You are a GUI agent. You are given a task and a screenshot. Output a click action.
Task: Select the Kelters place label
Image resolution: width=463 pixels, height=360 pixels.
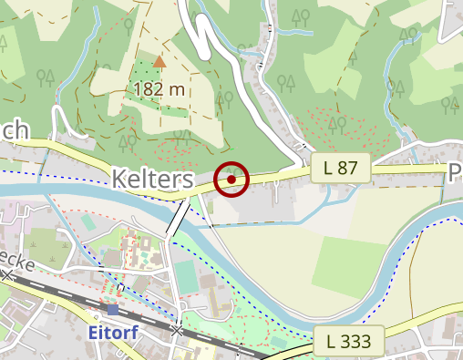[153, 179]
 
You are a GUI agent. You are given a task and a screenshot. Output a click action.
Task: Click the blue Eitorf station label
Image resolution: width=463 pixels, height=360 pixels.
[113, 332]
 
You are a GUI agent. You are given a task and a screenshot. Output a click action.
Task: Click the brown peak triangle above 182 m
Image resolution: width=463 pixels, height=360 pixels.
[159, 61]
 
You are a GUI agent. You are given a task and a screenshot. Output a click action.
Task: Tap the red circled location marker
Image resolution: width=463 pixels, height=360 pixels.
[232, 180]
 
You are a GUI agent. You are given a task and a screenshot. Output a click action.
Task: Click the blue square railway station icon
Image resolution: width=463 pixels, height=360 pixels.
[113, 310]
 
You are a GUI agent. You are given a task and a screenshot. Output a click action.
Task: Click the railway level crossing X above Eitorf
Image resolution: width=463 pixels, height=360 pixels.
[177, 328]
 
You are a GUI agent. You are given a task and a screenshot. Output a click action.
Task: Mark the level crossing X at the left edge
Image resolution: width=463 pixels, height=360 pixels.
[7, 274]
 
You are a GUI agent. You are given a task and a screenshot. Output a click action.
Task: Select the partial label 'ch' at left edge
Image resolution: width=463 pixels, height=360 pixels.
[15, 130]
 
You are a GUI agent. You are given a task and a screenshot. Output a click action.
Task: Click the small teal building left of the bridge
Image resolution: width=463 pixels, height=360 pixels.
[87, 221]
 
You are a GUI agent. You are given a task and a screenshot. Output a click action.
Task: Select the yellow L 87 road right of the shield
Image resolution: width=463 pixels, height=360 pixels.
[410, 169]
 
